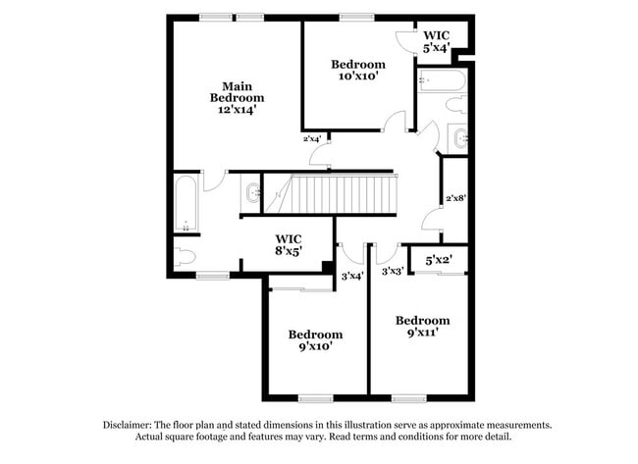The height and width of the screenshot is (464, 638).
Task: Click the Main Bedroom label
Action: coord(237,91)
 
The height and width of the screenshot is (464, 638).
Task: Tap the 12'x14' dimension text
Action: coord(237,111)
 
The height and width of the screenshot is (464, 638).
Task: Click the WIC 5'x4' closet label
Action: coord(437,41)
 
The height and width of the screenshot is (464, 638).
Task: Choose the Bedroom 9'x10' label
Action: coord(315,339)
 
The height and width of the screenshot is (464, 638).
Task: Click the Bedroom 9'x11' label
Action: coord(422,326)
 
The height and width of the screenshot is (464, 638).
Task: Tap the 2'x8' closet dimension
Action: coord(454,197)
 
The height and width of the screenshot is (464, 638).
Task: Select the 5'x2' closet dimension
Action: coord(438,260)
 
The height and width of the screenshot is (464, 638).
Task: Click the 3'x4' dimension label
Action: coord(351,276)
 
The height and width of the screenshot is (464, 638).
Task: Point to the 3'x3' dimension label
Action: coord(393,272)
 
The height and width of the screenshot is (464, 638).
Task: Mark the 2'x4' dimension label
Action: coord(312,138)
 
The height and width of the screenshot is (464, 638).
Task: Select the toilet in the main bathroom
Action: coord(185,257)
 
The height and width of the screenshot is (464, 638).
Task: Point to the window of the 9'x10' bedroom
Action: coord(315,397)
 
